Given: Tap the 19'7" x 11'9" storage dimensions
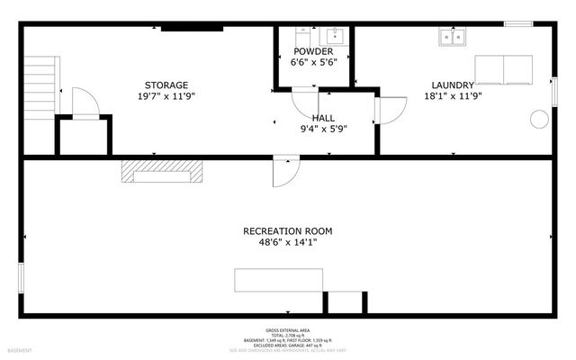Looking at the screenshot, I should [x=166, y=96].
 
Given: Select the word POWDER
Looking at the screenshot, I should [x=312, y=52].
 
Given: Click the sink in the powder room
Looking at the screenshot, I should [x=336, y=35].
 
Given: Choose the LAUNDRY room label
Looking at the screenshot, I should [x=452, y=85].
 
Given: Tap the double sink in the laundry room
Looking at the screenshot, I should [x=452, y=37].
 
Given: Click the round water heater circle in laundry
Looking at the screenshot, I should [x=539, y=118].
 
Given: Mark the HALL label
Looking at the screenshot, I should [x=324, y=118].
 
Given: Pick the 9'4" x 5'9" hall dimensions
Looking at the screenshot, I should [x=323, y=129].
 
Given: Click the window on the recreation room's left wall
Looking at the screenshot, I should [x=22, y=274].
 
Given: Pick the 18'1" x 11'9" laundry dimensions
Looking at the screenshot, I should [x=452, y=96].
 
